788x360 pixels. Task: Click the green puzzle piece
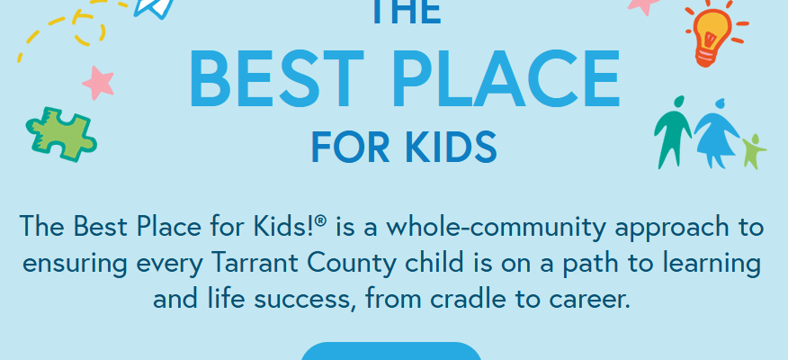[61, 134]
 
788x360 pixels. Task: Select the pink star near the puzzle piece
[99, 83]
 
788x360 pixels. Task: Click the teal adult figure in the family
[673, 131]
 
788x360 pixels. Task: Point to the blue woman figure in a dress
[717, 133]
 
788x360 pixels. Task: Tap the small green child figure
[754, 151]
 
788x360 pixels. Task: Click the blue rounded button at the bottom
[391, 351]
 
